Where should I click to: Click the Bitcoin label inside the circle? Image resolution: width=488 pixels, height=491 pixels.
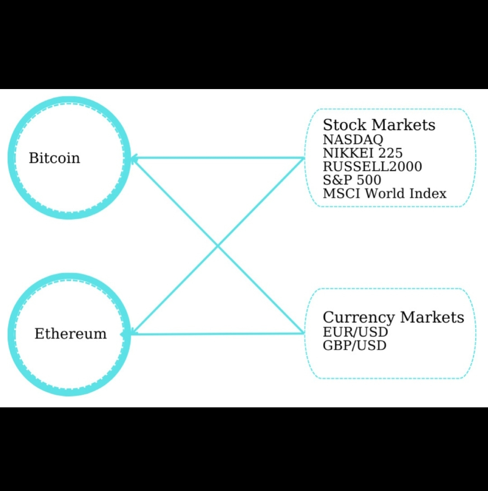[x=54, y=158]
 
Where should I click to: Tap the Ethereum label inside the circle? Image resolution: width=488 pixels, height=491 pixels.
[x=70, y=334]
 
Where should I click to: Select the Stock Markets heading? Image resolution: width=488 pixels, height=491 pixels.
[x=379, y=125]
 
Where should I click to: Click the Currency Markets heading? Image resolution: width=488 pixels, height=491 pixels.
[x=393, y=317]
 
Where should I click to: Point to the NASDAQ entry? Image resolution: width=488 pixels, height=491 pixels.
[x=353, y=139]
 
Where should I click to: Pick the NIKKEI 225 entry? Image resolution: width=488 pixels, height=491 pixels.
[x=362, y=153]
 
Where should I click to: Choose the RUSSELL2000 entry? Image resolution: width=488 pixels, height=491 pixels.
[x=372, y=166]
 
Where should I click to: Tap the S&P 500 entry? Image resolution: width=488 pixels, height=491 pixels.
[x=352, y=180]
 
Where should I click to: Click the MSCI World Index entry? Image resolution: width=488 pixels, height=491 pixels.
[x=385, y=194]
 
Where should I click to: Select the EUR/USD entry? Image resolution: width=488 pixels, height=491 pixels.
[x=356, y=332]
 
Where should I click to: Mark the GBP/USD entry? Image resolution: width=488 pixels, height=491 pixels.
[x=355, y=346]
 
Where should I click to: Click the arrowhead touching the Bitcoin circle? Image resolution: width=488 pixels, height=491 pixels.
[x=134, y=158]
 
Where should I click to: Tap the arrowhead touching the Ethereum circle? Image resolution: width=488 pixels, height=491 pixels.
[x=126, y=334]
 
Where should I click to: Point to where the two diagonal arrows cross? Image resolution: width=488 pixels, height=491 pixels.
[x=218, y=246]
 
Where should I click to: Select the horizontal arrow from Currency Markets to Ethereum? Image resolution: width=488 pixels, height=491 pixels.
[x=217, y=334]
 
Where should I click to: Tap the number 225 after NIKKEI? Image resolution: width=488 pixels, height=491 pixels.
[x=390, y=153]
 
